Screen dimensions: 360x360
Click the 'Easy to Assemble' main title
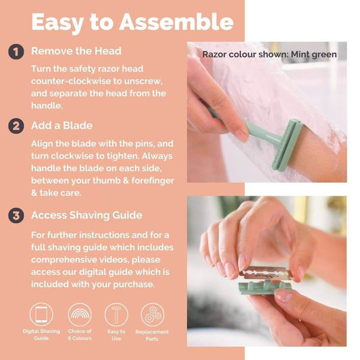(x=132, y=22)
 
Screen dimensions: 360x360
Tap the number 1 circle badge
(x=16, y=51)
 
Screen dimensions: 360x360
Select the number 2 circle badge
(x=16, y=126)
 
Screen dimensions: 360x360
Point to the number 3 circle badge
(x=16, y=215)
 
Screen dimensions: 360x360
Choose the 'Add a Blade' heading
(x=61, y=126)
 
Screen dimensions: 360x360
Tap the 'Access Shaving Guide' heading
(x=86, y=215)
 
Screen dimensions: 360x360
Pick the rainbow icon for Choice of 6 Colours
(x=80, y=314)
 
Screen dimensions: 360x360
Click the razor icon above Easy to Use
(x=116, y=314)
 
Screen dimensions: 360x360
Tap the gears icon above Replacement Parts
(x=152, y=314)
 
